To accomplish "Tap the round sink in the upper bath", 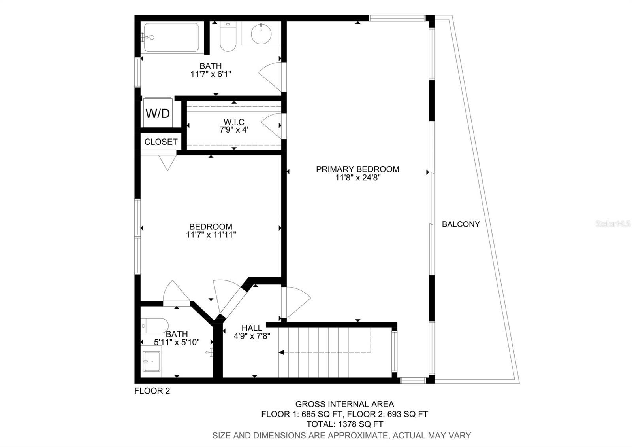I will [261, 34].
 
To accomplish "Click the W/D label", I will [158, 114].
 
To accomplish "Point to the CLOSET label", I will [161, 142].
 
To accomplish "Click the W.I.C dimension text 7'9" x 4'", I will [234, 129].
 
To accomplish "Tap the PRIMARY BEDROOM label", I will [357, 169].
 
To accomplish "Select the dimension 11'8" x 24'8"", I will [357, 178].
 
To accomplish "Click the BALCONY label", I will [461, 224].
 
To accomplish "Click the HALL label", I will [252, 328].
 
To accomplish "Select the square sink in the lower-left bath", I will [152, 362].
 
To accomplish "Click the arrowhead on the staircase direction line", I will [281, 352].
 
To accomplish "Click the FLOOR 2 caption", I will [152, 391].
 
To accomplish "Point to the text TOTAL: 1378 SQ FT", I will [344, 424].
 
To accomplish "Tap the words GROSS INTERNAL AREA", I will [344, 404].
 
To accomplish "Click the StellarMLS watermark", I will [613, 224].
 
